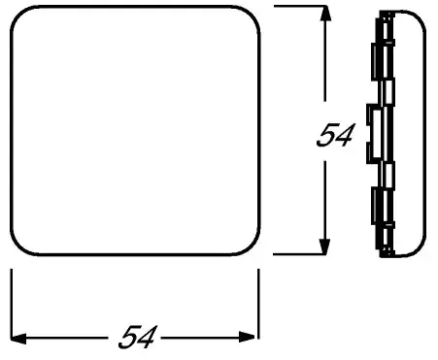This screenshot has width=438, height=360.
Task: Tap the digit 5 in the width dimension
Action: (128, 337)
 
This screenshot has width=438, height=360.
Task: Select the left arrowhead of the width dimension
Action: (18, 339)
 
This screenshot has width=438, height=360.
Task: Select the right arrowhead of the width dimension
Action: (247, 337)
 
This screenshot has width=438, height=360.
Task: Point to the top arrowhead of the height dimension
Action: (325, 14)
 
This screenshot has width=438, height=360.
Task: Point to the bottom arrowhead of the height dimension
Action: (324, 246)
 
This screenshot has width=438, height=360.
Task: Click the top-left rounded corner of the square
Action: (18, 14)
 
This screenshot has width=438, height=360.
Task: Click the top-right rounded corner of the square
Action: (252, 14)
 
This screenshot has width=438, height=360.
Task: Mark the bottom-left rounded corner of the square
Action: (18, 247)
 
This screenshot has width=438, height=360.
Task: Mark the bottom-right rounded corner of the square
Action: (252, 247)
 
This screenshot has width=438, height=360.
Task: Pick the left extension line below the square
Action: (12, 304)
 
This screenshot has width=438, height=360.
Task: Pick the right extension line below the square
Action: (258, 304)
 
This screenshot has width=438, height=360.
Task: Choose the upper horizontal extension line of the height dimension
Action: (300, 6)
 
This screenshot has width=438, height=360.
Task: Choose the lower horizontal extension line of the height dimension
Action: (299, 254)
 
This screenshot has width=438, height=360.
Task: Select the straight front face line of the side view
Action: (424, 134)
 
